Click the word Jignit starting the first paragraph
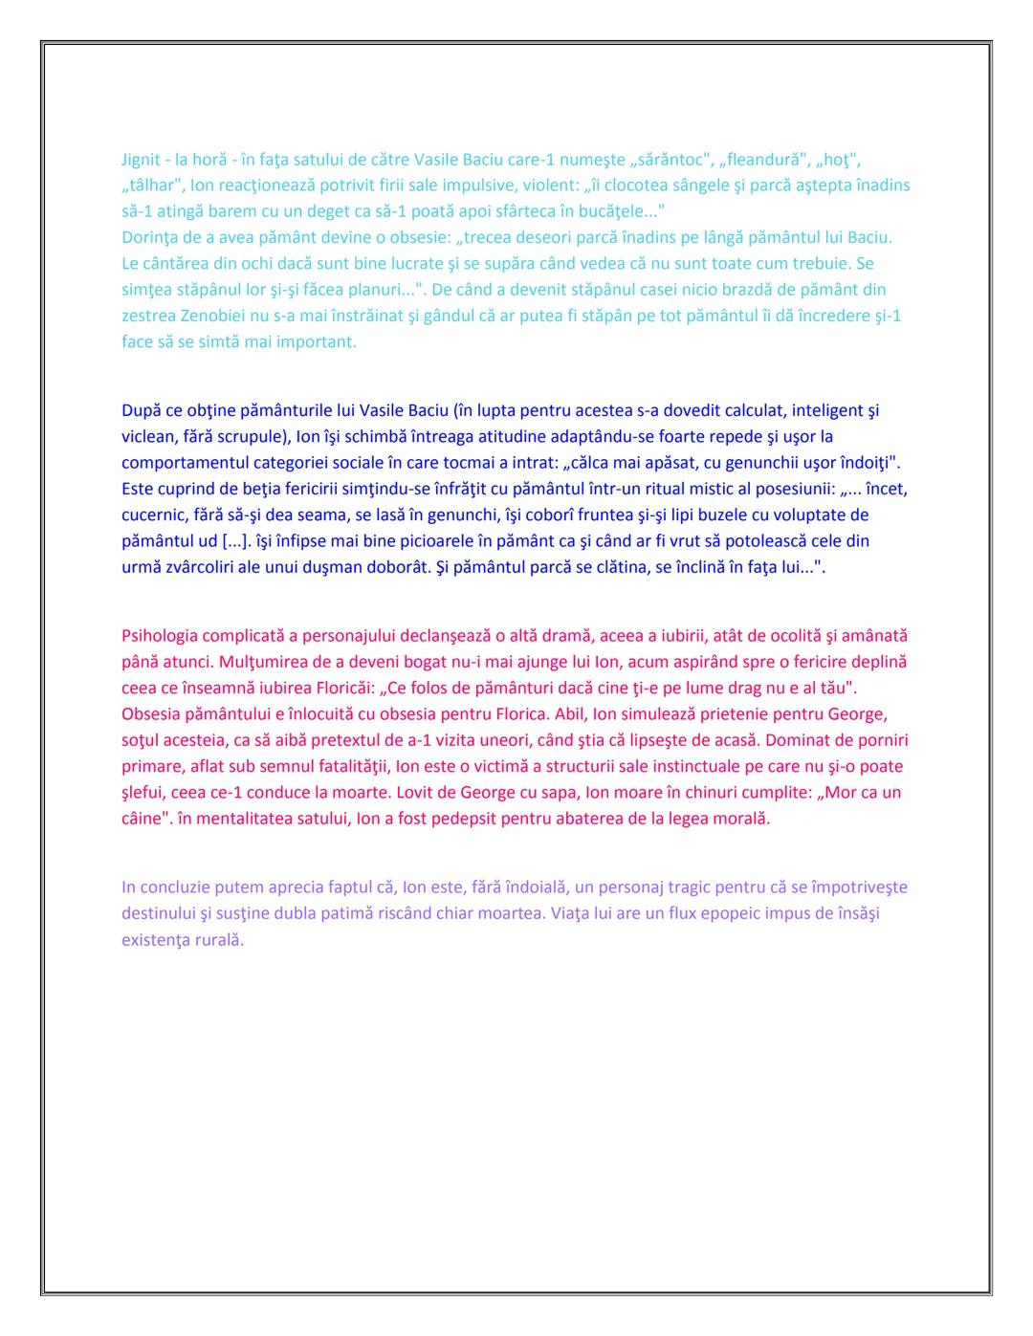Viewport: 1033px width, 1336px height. (141, 160)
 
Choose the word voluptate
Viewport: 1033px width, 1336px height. (813, 515)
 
